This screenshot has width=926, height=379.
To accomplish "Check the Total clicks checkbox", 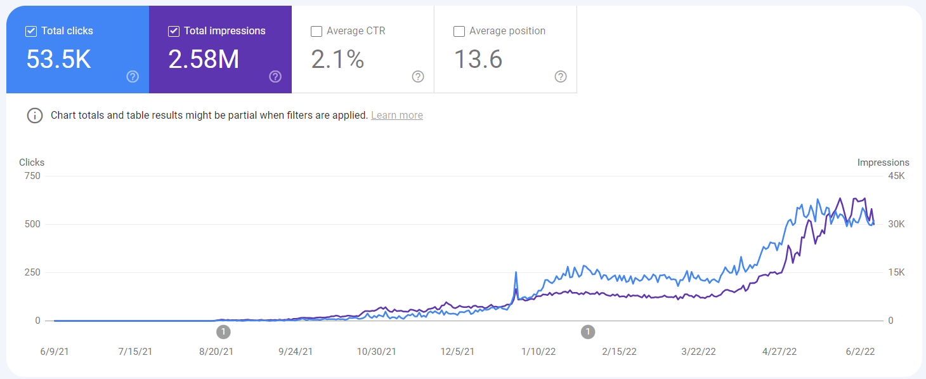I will [x=31, y=31].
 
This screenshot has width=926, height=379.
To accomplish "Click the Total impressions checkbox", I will [x=174, y=31].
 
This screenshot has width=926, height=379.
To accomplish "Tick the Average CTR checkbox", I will [x=316, y=31].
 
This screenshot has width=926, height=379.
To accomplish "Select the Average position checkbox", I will [x=459, y=31].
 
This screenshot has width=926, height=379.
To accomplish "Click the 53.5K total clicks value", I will [x=58, y=59].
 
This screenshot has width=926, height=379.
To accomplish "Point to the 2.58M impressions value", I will [x=204, y=59].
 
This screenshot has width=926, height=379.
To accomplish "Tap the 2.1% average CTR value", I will [x=337, y=59].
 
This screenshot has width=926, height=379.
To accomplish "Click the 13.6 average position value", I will [x=478, y=59].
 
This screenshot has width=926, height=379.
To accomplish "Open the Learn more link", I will [x=397, y=116].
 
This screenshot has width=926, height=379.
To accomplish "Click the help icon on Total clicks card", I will [x=133, y=77].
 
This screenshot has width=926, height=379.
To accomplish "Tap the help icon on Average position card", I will [x=561, y=77].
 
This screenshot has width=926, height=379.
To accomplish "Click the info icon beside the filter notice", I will [x=34, y=116].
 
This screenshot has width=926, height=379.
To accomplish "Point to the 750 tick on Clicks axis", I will [x=33, y=176].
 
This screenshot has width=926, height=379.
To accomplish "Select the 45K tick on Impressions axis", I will [x=896, y=176].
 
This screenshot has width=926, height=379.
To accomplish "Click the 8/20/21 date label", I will [x=216, y=352].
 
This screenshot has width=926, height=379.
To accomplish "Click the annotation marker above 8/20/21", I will [x=223, y=331].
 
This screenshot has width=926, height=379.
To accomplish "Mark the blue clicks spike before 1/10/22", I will [x=516, y=272].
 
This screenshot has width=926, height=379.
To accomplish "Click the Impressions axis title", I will [x=883, y=163].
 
